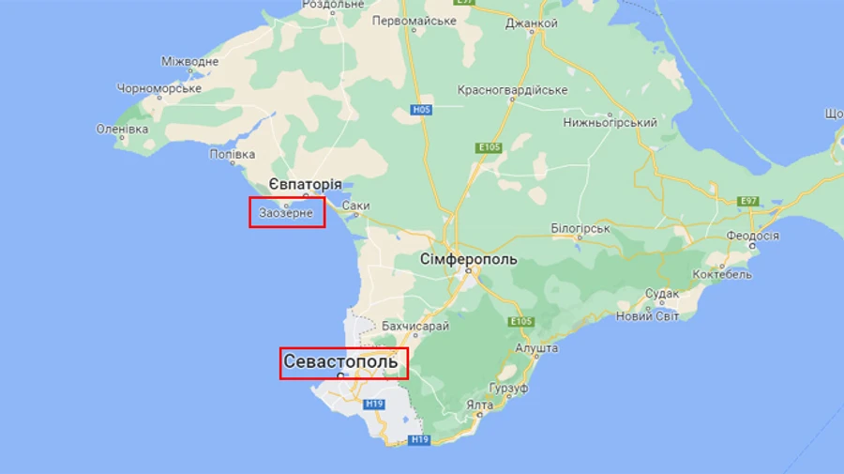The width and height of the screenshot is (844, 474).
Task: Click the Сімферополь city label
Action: click(x=467, y=258)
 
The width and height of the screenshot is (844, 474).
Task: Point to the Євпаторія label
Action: click(x=304, y=184)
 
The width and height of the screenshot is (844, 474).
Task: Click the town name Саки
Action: click(x=355, y=206)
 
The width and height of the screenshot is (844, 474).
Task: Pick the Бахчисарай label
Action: click(x=415, y=326)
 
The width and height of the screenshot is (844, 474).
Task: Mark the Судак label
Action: click(x=661, y=294)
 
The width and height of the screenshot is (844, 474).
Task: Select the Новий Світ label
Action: click(x=647, y=316)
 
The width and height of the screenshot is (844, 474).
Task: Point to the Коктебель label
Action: click(x=722, y=275)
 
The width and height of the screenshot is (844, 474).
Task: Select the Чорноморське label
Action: click(x=158, y=88)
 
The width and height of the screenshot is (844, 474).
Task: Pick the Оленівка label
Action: click(x=122, y=129)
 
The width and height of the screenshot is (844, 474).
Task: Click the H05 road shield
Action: click(x=421, y=110)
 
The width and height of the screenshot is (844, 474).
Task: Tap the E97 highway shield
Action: click(x=748, y=201)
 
